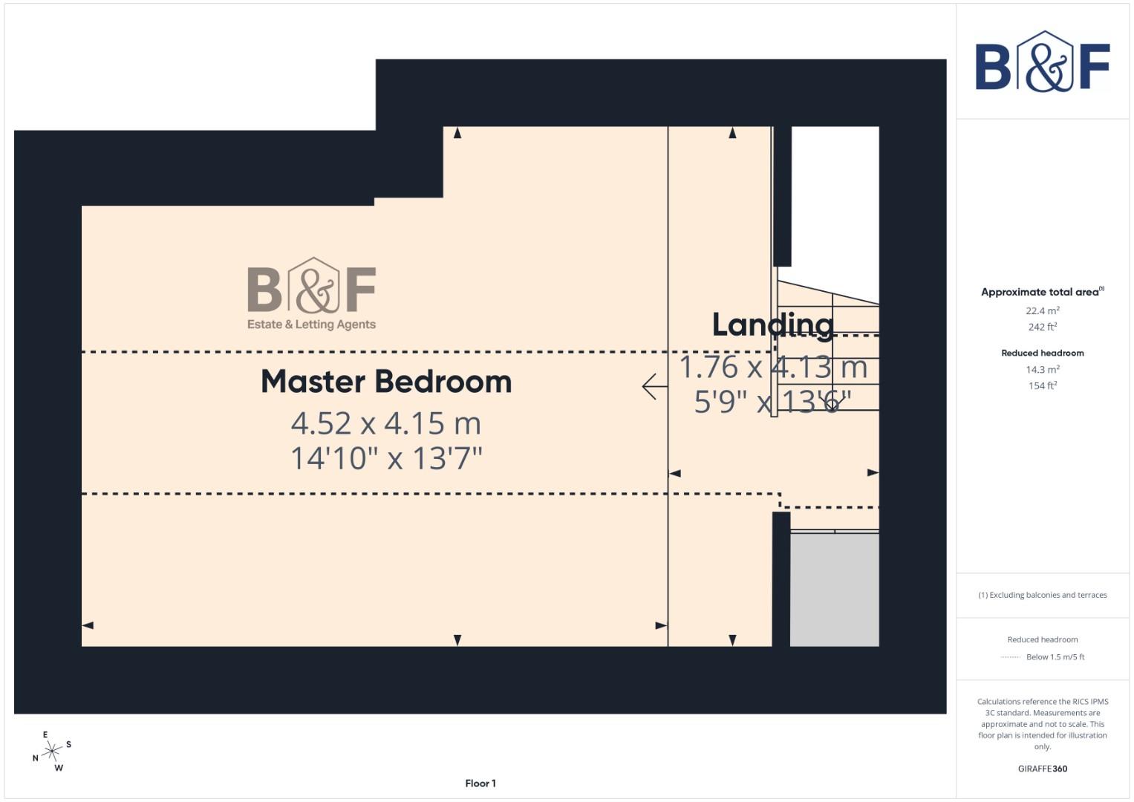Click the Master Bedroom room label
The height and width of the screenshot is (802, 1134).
(x=386, y=382)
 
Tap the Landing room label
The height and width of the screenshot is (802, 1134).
(x=772, y=325)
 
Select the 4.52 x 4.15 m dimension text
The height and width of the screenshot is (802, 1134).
(x=386, y=423)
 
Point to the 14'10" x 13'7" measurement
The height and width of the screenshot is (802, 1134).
(x=386, y=458)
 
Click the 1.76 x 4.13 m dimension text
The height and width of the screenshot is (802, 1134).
(x=773, y=367)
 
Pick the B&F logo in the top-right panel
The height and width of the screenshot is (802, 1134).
(x=1042, y=62)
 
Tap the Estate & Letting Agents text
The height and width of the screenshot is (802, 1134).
(x=311, y=325)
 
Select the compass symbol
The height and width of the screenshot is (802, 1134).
(x=51, y=752)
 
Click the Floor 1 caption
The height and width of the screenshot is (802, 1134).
(x=480, y=783)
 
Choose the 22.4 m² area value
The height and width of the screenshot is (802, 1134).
(x=1042, y=310)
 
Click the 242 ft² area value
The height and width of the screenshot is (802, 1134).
(x=1042, y=327)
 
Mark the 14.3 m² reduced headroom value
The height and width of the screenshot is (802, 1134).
(x=1042, y=369)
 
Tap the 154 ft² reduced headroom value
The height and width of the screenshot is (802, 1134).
(x=1042, y=385)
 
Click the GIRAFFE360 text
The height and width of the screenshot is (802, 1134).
(x=1042, y=769)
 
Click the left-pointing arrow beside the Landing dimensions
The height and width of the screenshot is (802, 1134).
(x=654, y=386)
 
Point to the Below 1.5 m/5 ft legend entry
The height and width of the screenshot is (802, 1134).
(x=1055, y=657)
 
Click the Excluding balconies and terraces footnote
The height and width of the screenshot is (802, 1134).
(x=1042, y=595)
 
